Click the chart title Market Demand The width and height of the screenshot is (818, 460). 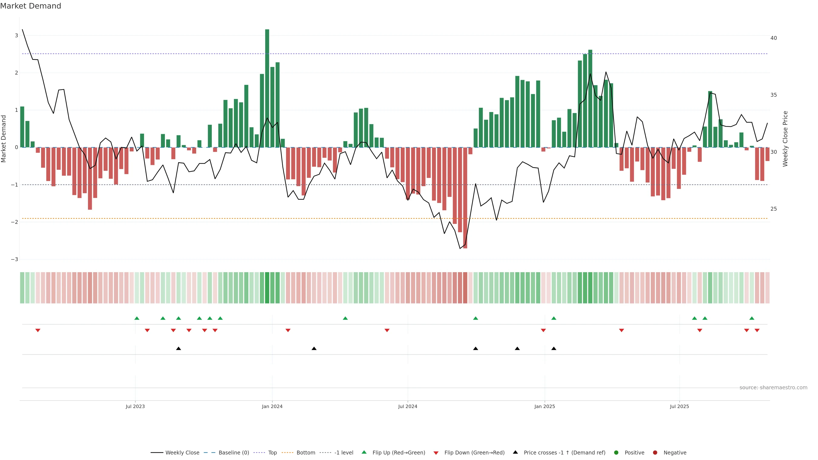(30, 6)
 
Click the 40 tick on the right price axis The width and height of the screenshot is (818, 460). (773, 38)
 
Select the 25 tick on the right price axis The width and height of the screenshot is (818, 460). (773, 209)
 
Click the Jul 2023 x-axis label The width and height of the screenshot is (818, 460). (135, 406)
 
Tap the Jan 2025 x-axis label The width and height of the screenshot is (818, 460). (545, 406)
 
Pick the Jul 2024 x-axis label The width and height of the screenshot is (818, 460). (408, 406)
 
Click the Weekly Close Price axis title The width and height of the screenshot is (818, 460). (785, 139)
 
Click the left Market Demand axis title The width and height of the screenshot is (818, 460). (4, 139)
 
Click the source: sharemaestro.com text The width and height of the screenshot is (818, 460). (773, 388)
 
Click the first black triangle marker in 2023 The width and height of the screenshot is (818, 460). (179, 349)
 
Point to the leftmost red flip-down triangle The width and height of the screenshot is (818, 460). (38, 331)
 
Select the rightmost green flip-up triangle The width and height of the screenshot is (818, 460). (752, 318)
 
